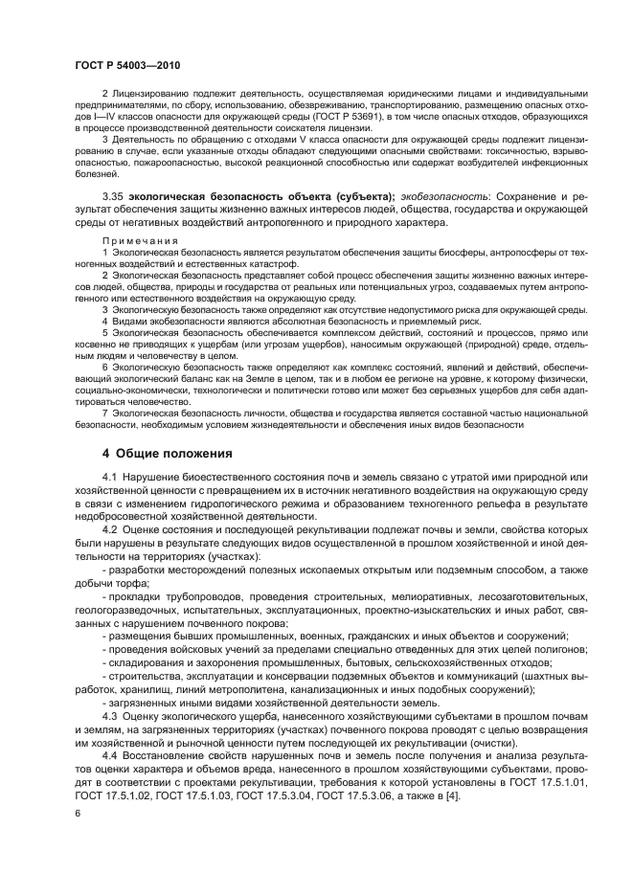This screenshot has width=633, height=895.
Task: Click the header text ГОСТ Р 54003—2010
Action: click(x=127, y=64)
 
